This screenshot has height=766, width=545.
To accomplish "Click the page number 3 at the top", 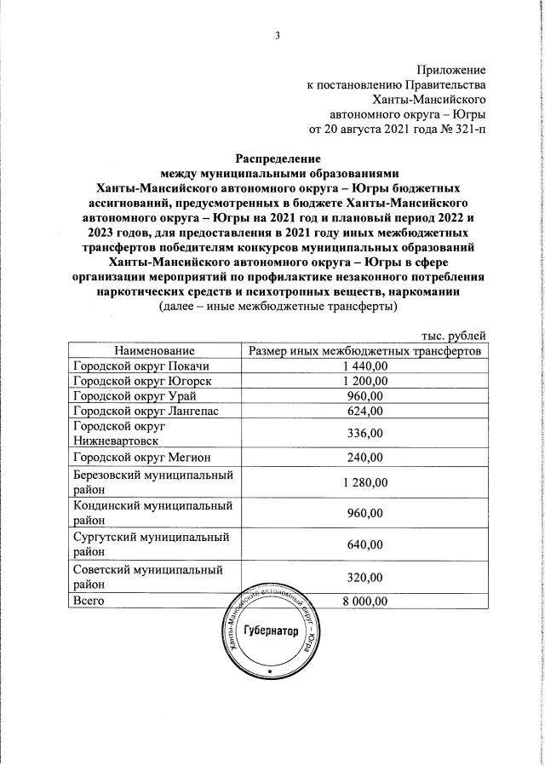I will pyautogui.click(x=277, y=35).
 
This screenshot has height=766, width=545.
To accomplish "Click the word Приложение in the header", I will pyautogui.click(x=450, y=69).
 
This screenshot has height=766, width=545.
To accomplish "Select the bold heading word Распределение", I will pyautogui.click(x=278, y=158).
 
